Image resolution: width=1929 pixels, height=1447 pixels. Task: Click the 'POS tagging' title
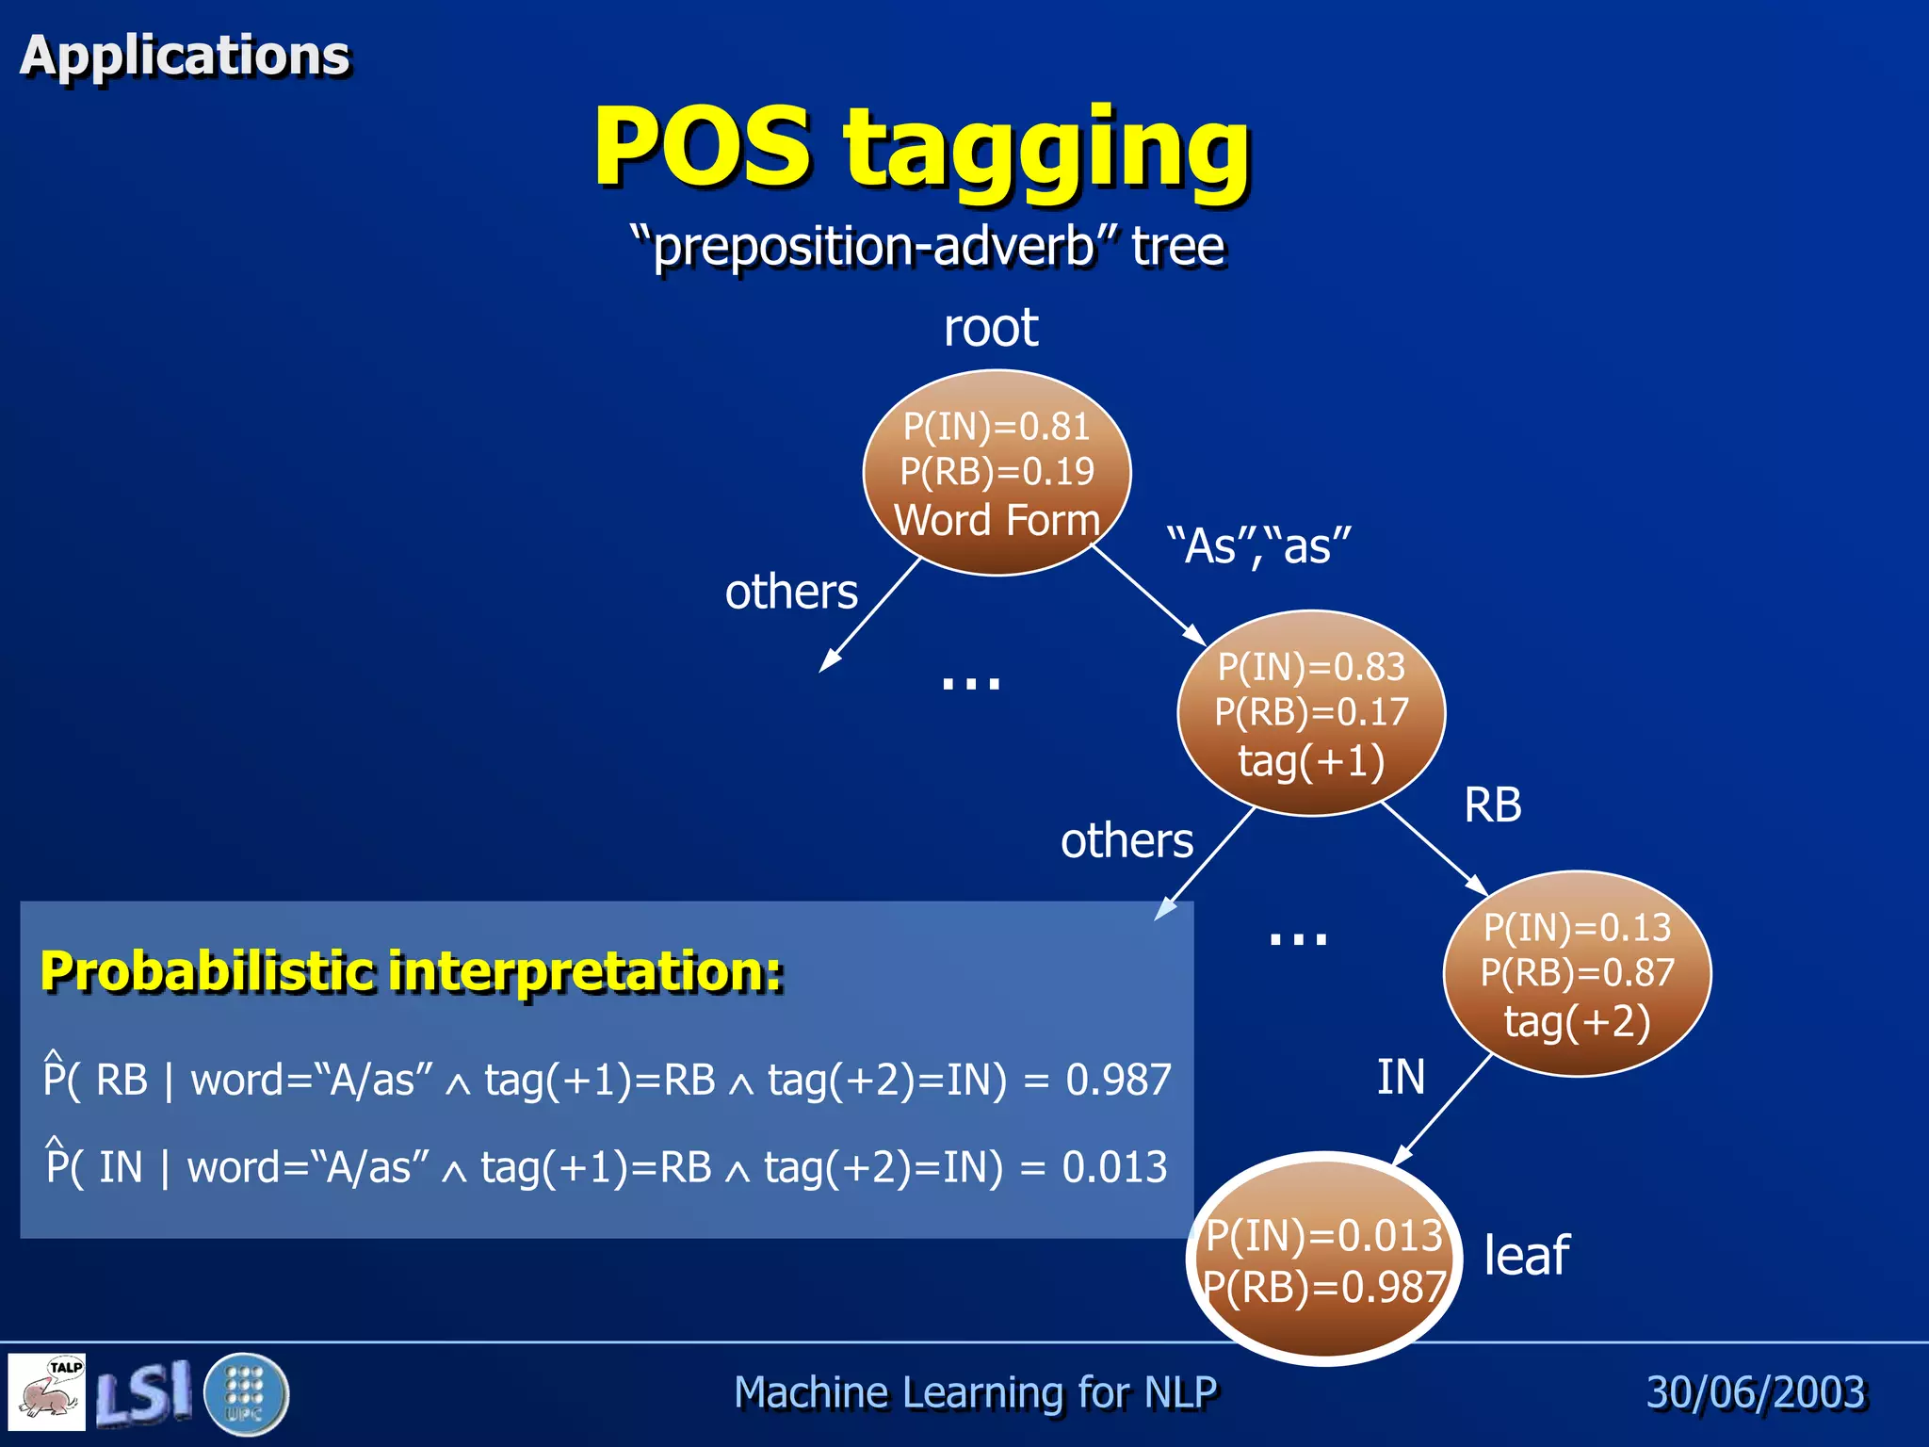point(921,149)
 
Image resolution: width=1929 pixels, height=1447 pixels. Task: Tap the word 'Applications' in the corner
point(186,55)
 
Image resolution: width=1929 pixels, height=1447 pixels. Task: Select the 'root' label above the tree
point(991,328)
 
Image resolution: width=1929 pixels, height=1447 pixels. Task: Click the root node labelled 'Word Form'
point(997,473)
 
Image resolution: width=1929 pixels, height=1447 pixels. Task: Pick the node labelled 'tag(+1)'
point(1311,714)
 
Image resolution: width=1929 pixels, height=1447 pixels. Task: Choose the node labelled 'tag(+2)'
point(1578,974)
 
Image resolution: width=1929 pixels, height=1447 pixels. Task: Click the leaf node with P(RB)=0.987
point(1324,1260)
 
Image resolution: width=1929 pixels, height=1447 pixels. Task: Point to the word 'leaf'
point(1526,1256)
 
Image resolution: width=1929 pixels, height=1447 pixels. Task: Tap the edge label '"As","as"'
point(1258,546)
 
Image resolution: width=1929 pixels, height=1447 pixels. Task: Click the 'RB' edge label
point(1493,805)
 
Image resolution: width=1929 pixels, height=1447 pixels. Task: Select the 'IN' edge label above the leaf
point(1401,1077)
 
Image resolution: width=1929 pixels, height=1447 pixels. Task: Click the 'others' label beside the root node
point(791,593)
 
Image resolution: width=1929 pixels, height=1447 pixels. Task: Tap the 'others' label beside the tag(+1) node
point(1127,840)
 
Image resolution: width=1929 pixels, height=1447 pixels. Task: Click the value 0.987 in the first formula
point(1118,1080)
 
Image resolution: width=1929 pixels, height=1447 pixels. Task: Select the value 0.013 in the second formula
point(1114,1167)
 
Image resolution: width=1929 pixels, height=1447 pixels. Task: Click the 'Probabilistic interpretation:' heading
point(412,971)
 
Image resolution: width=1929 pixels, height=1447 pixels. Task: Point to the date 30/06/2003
point(1756,1392)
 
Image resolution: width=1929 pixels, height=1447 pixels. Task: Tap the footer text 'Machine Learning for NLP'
point(975,1392)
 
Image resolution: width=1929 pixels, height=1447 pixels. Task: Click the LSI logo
point(143,1393)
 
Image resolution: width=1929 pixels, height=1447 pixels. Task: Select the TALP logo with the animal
point(47,1391)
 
